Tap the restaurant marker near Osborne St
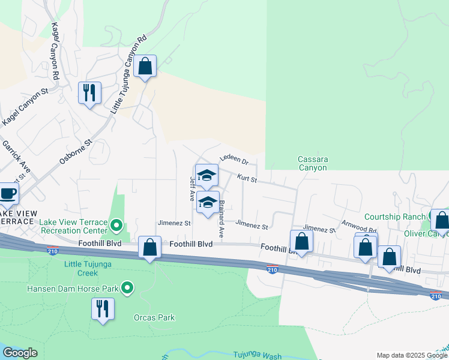(x=89, y=94)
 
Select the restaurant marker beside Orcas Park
(x=102, y=310)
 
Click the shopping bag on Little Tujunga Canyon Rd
(x=145, y=67)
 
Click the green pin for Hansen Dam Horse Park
(x=127, y=289)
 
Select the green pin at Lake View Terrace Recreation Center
(x=117, y=226)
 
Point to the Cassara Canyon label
(x=313, y=164)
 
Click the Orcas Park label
(x=154, y=317)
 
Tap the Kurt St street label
(x=246, y=179)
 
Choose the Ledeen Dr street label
(x=234, y=160)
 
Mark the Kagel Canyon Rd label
(x=55, y=52)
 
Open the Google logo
(x=20, y=353)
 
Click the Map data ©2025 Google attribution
(x=412, y=355)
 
